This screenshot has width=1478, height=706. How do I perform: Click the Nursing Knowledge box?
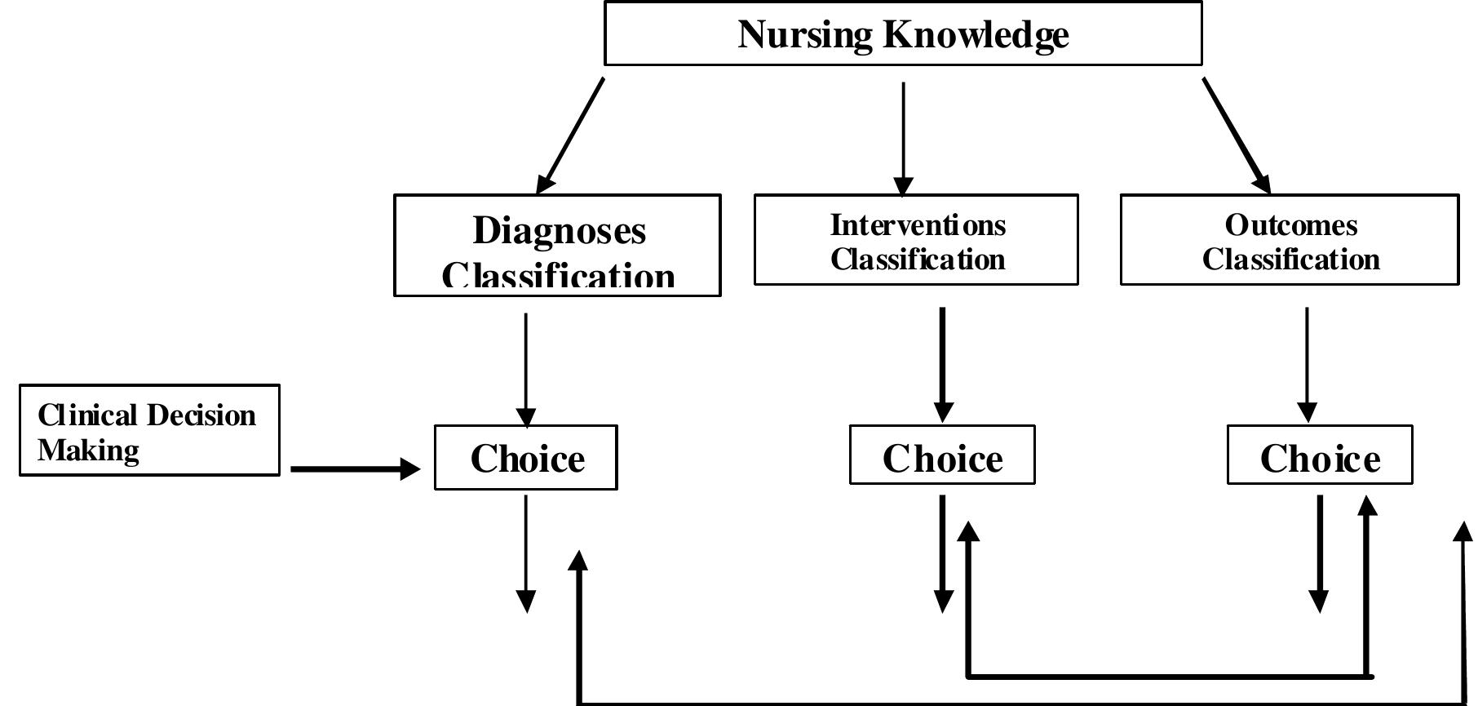902,33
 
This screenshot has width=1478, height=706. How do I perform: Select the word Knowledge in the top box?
976,34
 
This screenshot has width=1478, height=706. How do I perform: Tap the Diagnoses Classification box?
557,245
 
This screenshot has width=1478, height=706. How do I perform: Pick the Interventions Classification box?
916,240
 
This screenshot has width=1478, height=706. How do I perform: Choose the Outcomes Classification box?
1290,240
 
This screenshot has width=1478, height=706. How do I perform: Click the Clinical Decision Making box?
149,430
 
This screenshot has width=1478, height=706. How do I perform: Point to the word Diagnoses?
560,230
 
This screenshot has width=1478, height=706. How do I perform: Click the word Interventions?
918,224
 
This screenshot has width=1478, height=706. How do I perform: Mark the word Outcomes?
1291,224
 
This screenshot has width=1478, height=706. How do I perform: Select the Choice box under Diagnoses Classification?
526,458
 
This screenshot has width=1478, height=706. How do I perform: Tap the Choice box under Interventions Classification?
942,455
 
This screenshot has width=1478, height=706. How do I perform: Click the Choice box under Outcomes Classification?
1320,455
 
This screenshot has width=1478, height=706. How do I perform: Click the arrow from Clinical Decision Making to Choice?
355,469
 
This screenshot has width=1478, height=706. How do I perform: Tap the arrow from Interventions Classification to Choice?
943,364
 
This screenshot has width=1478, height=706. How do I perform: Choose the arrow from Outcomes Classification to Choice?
1308,364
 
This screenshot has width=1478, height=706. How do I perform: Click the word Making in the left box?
88,450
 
